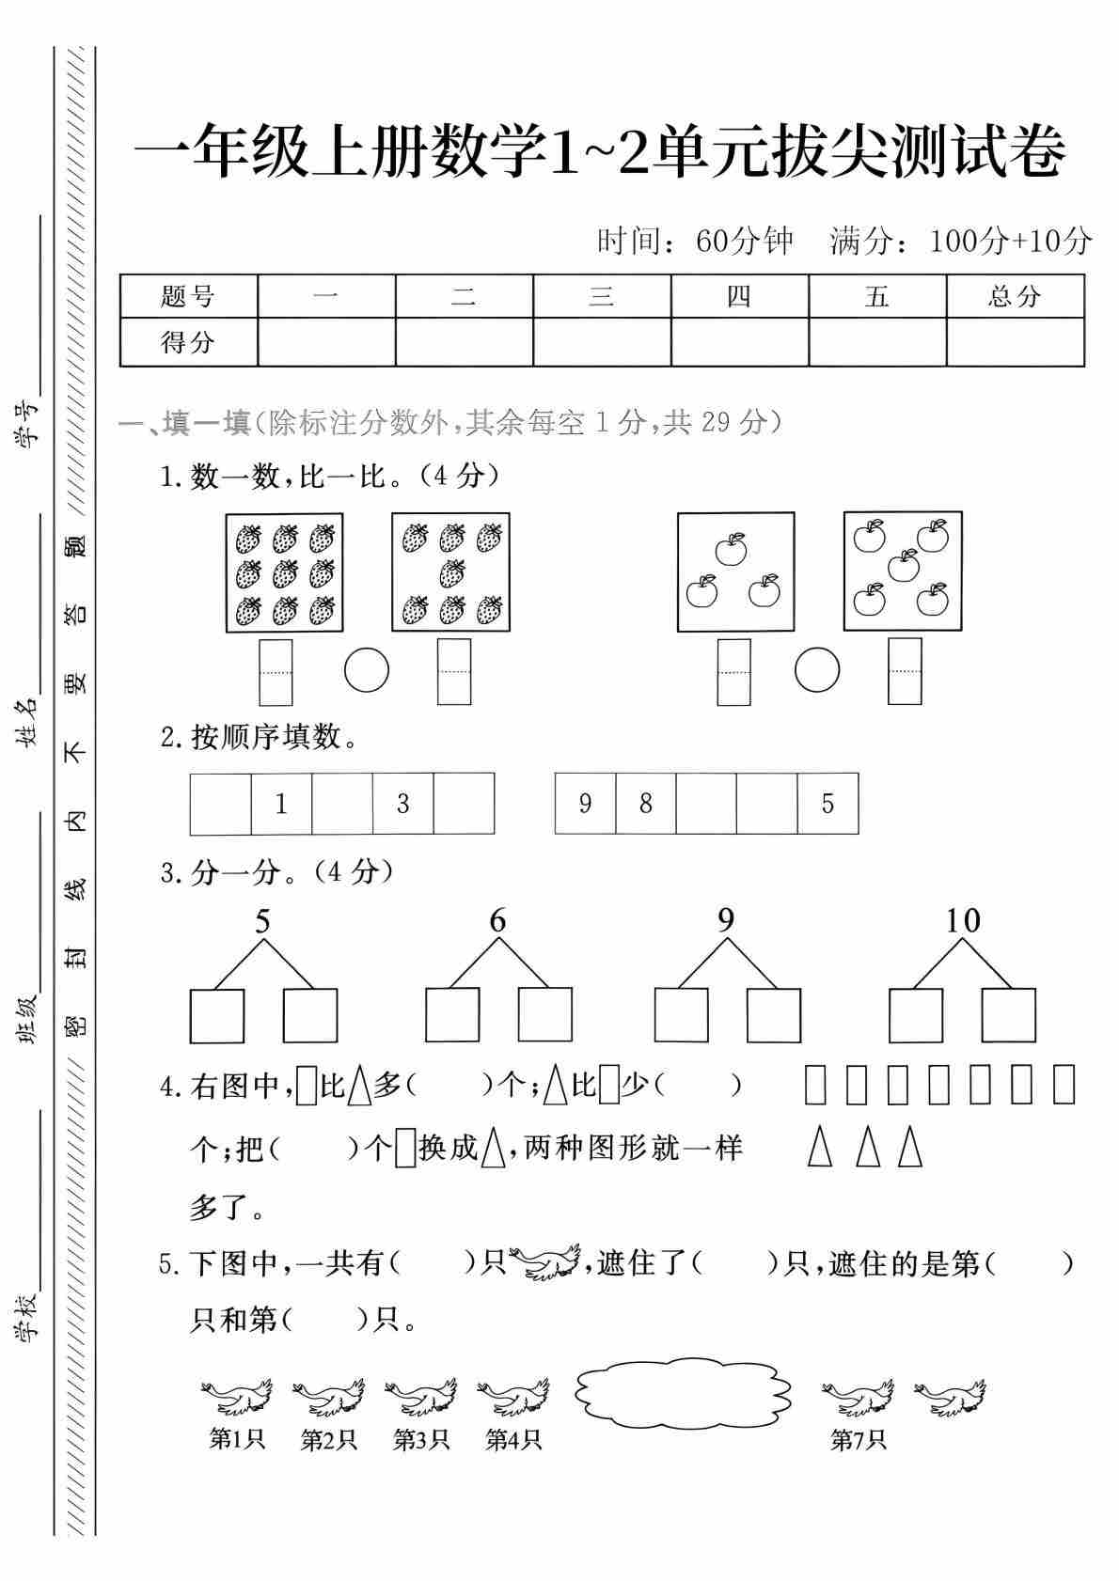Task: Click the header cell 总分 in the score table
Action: pyautogui.click(x=1015, y=296)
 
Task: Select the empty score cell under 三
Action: pyautogui.click(x=602, y=341)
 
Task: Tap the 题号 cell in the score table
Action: pyautogui.click(x=188, y=296)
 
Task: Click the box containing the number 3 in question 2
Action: pyautogui.click(x=403, y=804)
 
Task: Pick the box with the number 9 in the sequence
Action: pyautogui.click(x=585, y=804)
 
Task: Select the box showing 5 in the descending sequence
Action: pyautogui.click(x=827, y=804)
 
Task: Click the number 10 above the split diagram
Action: pyautogui.click(x=962, y=920)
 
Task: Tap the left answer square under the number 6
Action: pyautogui.click(x=452, y=1015)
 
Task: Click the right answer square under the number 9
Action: pyautogui.click(x=774, y=1015)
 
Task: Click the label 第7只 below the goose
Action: pyautogui.click(x=858, y=1439)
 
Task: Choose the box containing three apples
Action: pyautogui.click(x=735, y=571)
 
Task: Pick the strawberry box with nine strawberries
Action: pyautogui.click(x=284, y=572)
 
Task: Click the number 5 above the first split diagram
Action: pyautogui.click(x=262, y=921)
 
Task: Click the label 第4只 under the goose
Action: pyautogui.click(x=513, y=1439)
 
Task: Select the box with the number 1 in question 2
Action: pyautogui.click(x=281, y=804)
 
